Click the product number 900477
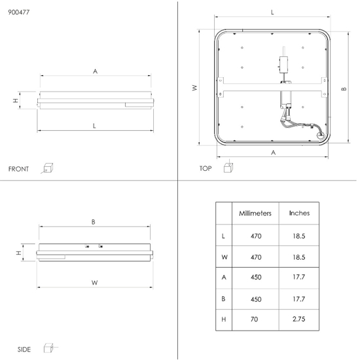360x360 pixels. coord(19,12)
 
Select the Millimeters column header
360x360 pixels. coord(255,213)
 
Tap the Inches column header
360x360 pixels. coord(299,213)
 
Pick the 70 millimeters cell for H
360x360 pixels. coord(255,319)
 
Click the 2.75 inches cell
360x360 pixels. coord(299,319)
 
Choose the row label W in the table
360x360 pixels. coord(225,257)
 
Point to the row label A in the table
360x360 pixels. coord(224,278)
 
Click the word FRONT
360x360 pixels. coord(18,169)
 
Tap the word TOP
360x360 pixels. coord(206,168)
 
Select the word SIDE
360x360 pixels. coord(24,350)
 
